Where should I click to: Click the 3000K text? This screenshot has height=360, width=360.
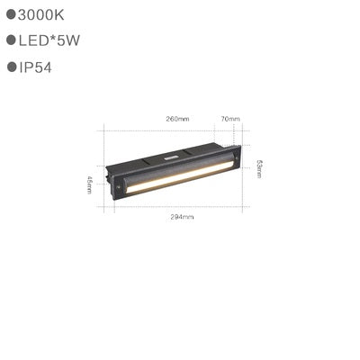pos(41,14)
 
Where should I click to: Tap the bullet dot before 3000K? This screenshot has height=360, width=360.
pos(11,14)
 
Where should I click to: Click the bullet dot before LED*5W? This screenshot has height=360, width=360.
pos(11,40)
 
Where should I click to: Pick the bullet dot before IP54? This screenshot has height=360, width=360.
pos(12,67)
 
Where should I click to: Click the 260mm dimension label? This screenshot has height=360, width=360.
pos(177,119)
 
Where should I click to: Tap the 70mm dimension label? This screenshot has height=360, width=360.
pos(229,119)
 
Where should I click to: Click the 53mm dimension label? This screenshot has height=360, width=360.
pos(259,168)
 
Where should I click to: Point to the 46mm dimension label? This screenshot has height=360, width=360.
pos(90,184)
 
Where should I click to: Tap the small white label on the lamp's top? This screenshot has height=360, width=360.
pos(170,156)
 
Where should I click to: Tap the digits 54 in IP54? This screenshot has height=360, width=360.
pos(52,67)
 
